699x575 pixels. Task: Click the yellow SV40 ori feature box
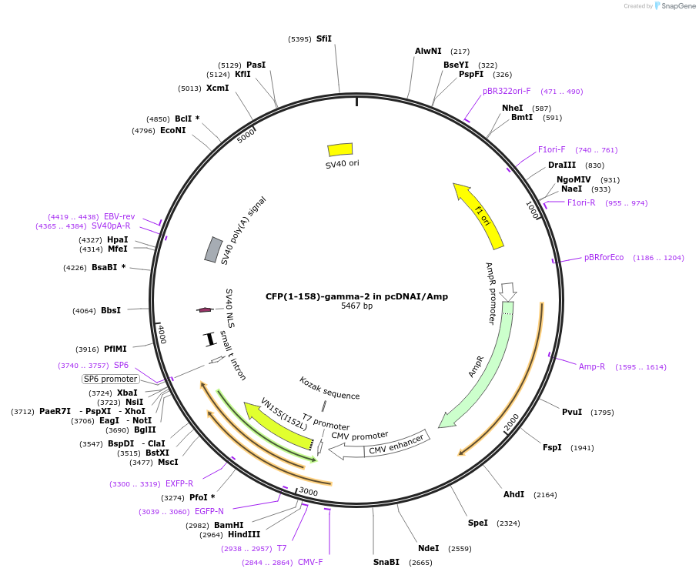pyautogui.click(x=340, y=149)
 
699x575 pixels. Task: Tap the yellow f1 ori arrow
pyautogui.click(x=480, y=216)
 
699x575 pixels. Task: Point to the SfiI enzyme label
pyautogui.click(x=324, y=38)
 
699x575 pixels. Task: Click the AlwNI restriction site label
pyautogui.click(x=428, y=51)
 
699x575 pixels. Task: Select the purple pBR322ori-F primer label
pyautogui.click(x=507, y=91)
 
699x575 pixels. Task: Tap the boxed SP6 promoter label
pyautogui.click(x=111, y=379)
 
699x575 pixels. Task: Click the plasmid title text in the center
pyautogui.click(x=356, y=296)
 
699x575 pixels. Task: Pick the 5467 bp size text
pyautogui.click(x=356, y=306)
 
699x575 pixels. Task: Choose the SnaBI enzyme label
pyautogui.click(x=386, y=562)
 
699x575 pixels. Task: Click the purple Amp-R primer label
pyautogui.click(x=592, y=366)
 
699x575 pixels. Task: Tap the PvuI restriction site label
pyautogui.click(x=572, y=412)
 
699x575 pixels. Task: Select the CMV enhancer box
pyautogui.click(x=396, y=444)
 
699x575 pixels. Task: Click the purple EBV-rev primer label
pyautogui.click(x=119, y=216)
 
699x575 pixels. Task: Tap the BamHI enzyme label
pyautogui.click(x=229, y=525)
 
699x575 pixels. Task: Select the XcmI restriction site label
pyautogui.click(x=217, y=88)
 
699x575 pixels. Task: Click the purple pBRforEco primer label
pyautogui.click(x=604, y=257)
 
